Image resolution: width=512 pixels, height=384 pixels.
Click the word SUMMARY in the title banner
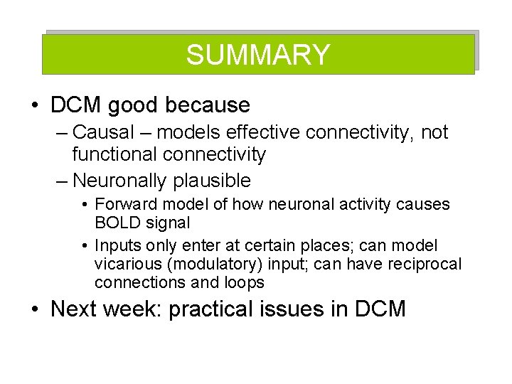click(258, 55)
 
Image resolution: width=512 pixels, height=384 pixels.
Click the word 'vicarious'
click(127, 265)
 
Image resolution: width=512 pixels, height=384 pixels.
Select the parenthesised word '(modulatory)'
click(213, 265)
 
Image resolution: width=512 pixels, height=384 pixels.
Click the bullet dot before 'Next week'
click(35, 310)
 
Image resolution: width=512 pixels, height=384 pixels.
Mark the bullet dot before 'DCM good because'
click(35, 106)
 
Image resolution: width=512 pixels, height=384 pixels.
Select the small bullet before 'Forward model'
click(85, 205)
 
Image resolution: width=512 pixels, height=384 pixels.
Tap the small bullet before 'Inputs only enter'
click(85, 246)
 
